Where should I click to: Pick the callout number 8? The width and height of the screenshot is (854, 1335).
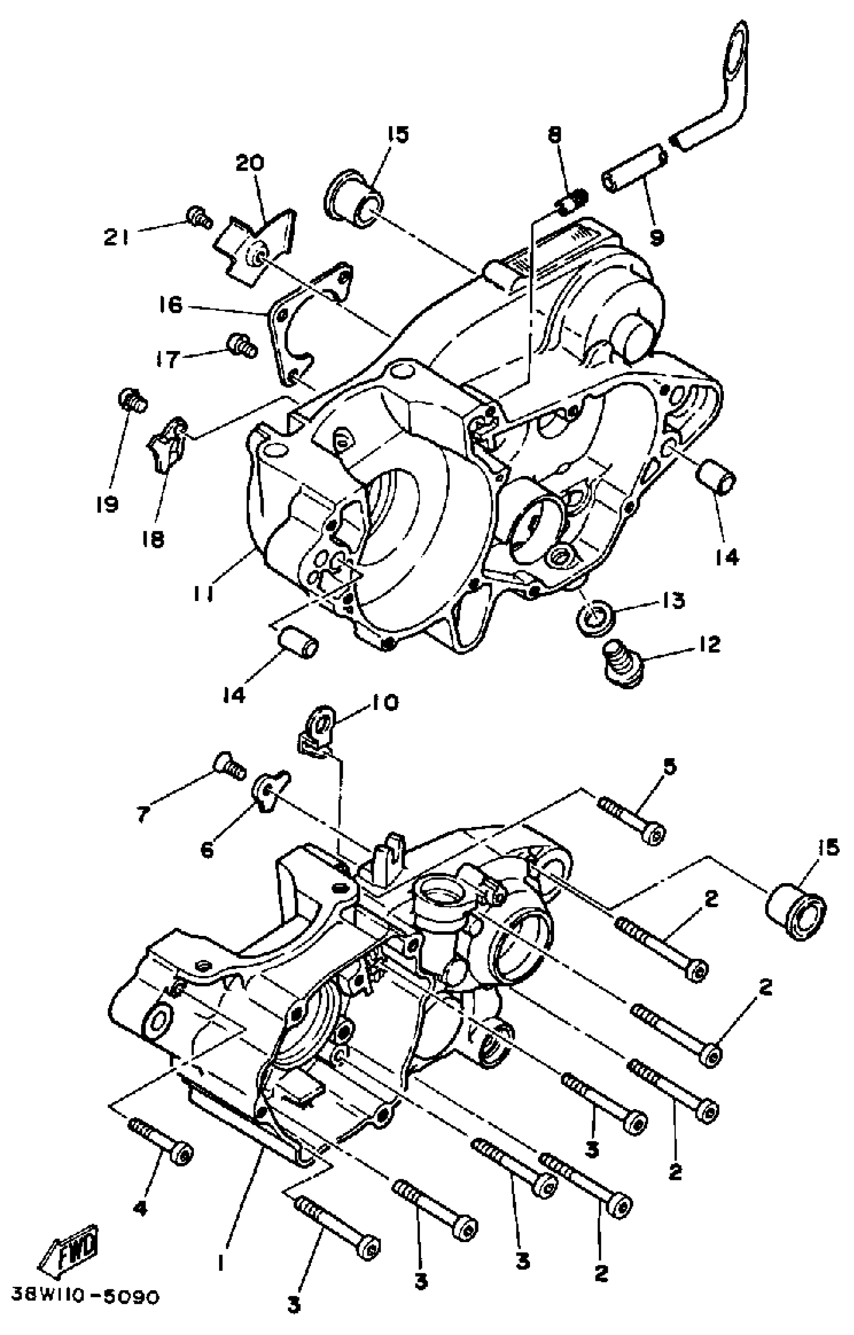pos(555,135)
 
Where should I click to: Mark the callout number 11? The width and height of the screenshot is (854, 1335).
pos(205,594)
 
